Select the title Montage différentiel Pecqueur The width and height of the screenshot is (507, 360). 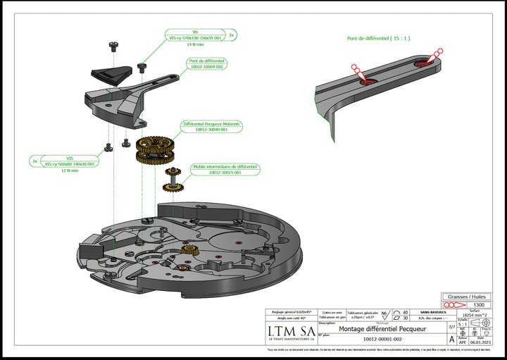[377, 329]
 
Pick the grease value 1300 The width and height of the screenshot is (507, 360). [478, 305]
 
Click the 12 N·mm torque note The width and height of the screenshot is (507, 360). [69, 170]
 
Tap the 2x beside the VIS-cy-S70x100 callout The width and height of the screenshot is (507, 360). [232, 34]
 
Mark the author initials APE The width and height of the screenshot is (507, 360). [462, 340]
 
